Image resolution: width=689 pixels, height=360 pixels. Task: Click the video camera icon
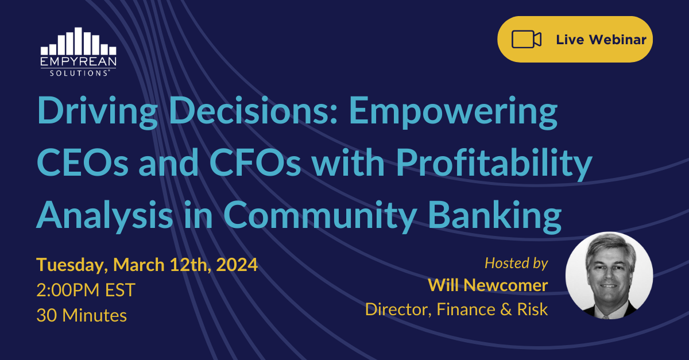coord(527,40)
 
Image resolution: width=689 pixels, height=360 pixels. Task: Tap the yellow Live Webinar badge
coord(575,40)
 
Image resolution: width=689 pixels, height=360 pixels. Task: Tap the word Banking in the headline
coord(493,215)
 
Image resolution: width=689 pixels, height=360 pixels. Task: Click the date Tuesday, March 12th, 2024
coord(147,265)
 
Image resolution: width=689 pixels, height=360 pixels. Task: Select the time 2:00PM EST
coord(86,290)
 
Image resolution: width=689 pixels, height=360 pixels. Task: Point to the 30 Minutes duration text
coord(82,315)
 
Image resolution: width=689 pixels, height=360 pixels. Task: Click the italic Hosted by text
coord(516,263)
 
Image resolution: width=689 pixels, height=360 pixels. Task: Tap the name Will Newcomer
coord(488,285)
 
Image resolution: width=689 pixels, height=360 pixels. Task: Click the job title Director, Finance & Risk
coord(456,309)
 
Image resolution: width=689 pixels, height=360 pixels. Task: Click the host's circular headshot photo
coord(609,276)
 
